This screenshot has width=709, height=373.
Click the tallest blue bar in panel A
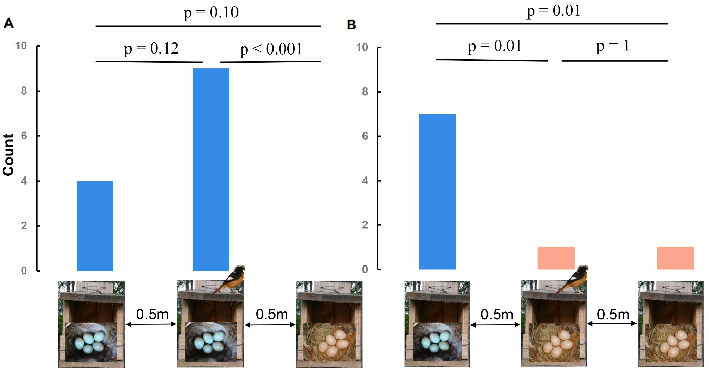coord(211,169)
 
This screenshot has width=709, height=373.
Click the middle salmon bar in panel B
coord(556,258)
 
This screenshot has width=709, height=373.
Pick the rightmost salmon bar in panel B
coord(675,258)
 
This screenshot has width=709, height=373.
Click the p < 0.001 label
coord(271,50)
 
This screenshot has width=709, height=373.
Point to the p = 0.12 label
coord(152,49)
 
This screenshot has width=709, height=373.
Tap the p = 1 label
coord(613,47)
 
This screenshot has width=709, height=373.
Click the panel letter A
coord(8,23)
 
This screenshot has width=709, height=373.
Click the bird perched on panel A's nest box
coord(230,280)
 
